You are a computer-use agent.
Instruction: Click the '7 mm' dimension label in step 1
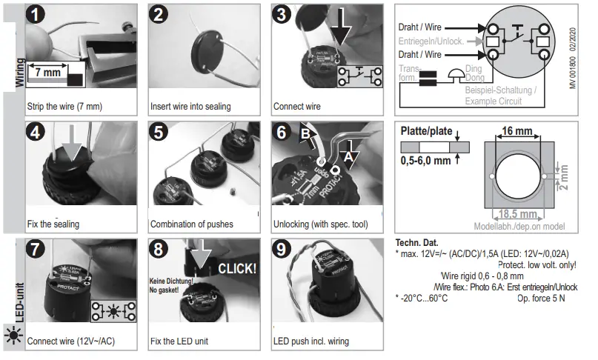tap(47, 73)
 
